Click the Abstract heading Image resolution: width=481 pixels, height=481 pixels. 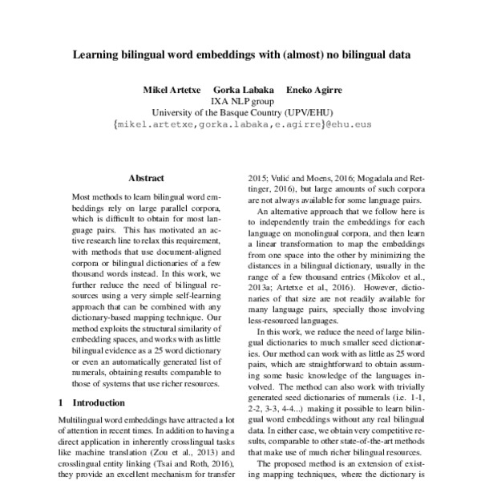146,178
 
